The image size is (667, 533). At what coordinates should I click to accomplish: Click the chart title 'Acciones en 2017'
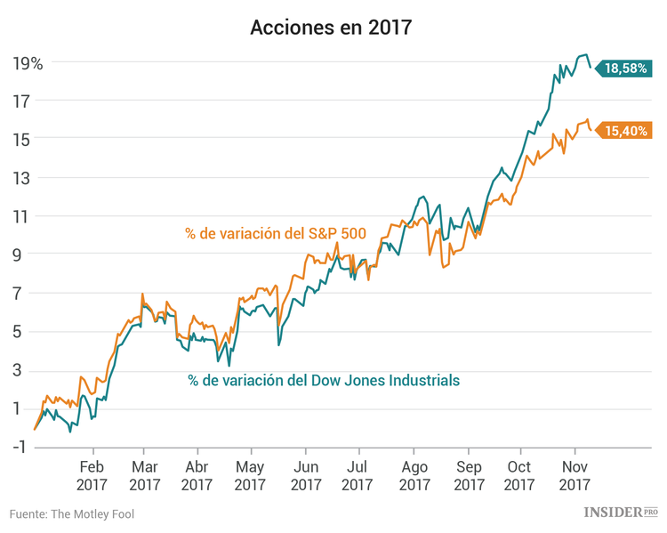click(x=331, y=27)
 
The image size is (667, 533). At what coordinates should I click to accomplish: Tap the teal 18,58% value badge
click(x=625, y=68)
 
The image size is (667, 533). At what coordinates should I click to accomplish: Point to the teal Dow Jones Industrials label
click(x=324, y=380)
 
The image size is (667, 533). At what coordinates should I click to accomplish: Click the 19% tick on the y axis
click(x=28, y=62)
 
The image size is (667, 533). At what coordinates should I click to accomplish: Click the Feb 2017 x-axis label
click(x=93, y=475)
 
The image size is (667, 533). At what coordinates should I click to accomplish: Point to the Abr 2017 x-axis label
click(x=197, y=475)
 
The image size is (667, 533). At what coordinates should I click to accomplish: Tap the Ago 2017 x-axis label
click(x=414, y=475)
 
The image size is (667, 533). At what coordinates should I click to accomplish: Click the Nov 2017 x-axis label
click(x=575, y=475)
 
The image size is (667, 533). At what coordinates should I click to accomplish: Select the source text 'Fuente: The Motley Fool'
click(x=72, y=513)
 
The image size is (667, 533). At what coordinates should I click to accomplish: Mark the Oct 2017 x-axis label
click(x=522, y=475)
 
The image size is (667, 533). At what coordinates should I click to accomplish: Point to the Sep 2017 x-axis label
click(x=469, y=475)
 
